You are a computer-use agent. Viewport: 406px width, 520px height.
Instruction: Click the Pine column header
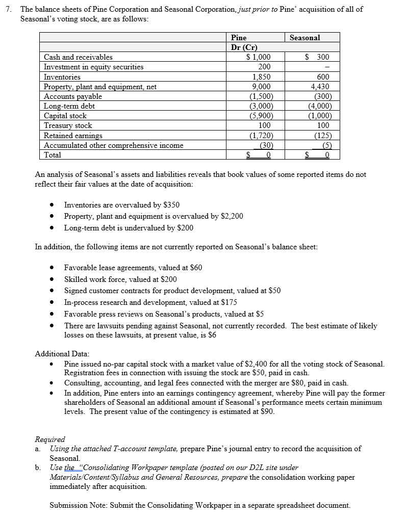[239, 38]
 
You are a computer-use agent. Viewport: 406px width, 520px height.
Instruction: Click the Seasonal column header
[304, 38]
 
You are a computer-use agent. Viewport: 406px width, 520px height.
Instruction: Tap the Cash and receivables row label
[78, 57]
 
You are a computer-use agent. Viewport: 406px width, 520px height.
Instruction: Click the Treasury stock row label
[68, 125]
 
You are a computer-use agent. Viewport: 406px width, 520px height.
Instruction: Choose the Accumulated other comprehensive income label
[113, 145]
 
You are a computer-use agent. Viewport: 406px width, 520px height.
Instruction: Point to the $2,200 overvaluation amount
[232, 216]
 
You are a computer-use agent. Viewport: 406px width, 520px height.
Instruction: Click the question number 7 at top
[6, 9]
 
